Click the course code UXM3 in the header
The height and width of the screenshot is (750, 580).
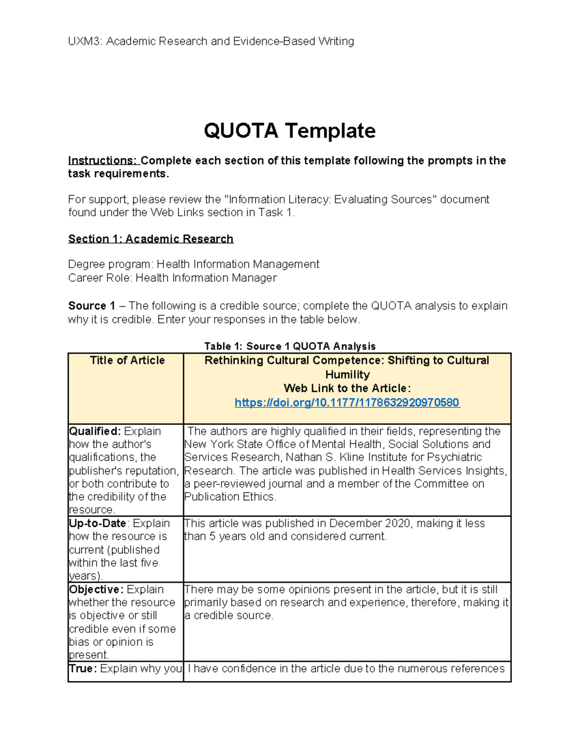(85, 42)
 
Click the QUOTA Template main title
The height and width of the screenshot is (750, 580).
(290, 131)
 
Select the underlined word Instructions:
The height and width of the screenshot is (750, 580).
(103, 161)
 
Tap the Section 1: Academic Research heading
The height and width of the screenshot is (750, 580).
(151, 239)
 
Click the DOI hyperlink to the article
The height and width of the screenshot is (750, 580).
(347, 403)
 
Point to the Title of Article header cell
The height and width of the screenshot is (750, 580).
(127, 360)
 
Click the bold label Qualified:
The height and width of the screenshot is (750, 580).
(95, 431)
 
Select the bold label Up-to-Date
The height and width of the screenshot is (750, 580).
(98, 524)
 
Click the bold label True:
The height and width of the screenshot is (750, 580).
(83, 669)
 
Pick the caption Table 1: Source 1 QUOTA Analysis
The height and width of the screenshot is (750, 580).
(290, 346)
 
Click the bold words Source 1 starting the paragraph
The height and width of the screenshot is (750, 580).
(91, 306)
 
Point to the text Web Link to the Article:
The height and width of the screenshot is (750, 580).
(347, 388)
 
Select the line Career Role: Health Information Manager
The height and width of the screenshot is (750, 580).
(173, 278)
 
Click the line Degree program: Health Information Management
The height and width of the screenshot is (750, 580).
(193, 265)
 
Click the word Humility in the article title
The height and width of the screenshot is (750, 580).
(347, 375)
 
